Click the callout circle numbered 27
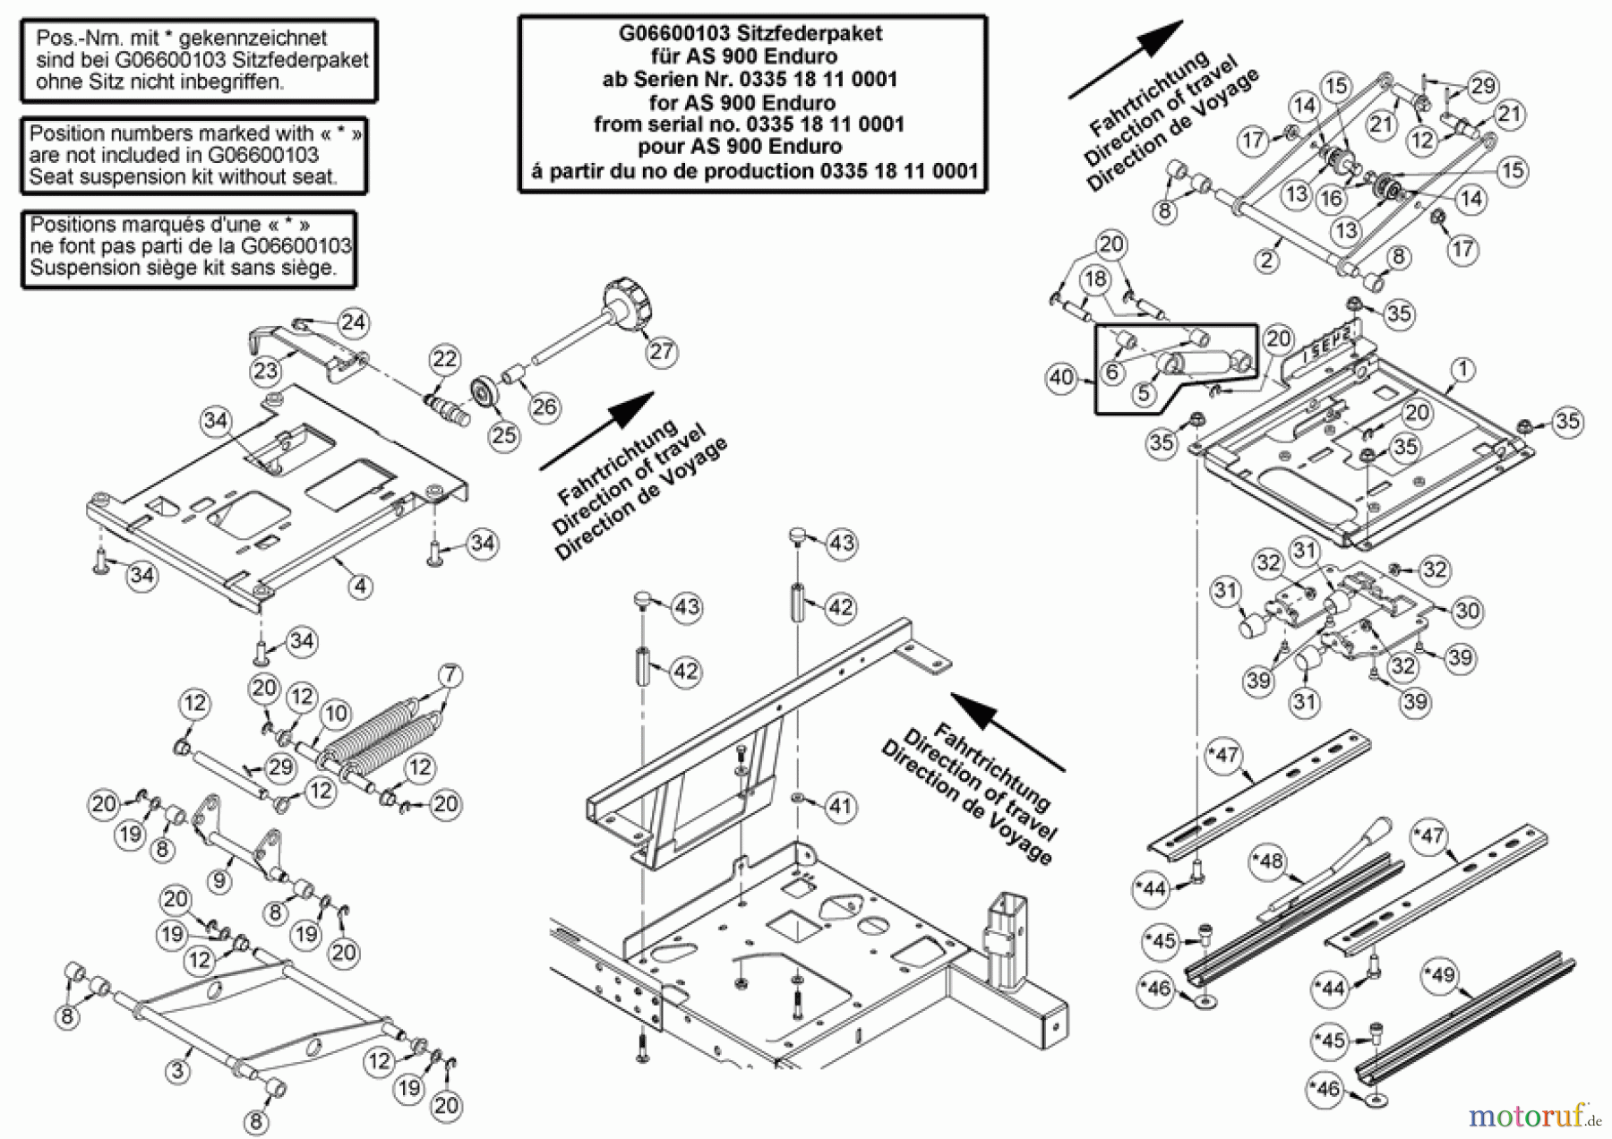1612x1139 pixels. [x=661, y=351]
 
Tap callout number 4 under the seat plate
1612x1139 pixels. [x=360, y=587]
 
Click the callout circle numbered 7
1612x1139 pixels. [x=450, y=674]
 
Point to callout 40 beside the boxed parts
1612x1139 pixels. [x=1060, y=378]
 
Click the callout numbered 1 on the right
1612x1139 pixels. [x=1462, y=369]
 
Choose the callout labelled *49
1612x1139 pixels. [x=1442, y=974]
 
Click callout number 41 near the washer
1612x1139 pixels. [x=839, y=806]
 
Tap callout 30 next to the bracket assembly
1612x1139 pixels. [x=1467, y=612]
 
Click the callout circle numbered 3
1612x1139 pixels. [x=178, y=1070]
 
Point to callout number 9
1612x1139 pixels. [x=219, y=881]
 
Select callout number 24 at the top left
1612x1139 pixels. [x=354, y=322]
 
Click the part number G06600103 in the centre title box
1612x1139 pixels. [x=674, y=34]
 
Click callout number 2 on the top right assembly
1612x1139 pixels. [x=1266, y=261]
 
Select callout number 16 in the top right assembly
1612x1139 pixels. [x=1331, y=199]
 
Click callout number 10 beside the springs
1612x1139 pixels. [x=336, y=713]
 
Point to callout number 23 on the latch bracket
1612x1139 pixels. [x=266, y=371]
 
